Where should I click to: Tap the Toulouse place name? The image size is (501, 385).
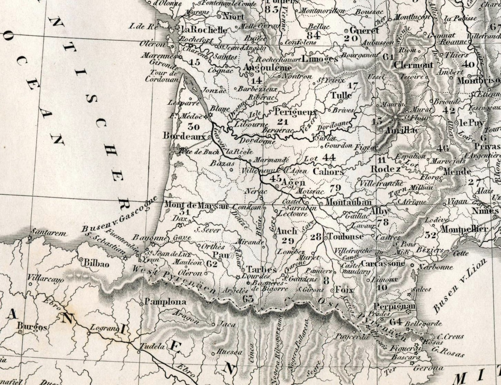click(x=345, y=236)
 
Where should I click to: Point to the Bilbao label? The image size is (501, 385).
click(x=96, y=263)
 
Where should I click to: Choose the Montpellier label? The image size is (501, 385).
click(x=464, y=230)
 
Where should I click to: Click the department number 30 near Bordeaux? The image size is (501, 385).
click(x=193, y=127)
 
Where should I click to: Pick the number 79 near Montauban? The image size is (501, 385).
click(x=335, y=188)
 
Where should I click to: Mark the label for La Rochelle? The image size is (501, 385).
click(x=203, y=30)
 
